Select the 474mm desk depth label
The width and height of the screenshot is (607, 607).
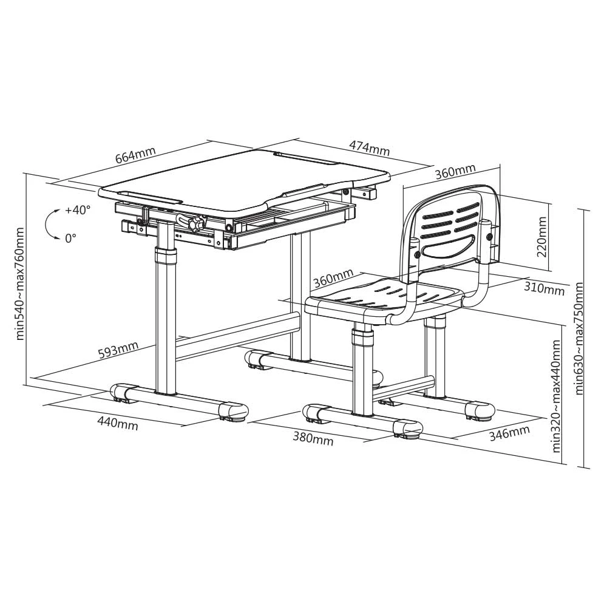pyautogui.click(x=369, y=148)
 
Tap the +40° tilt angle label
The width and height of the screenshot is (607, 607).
pyautogui.click(x=78, y=210)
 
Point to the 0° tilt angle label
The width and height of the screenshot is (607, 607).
pyautogui.click(x=70, y=238)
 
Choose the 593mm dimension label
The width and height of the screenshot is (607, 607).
pyautogui.click(x=118, y=351)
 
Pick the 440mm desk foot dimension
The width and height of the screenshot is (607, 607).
pyautogui.click(x=117, y=424)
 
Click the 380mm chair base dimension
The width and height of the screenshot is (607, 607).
pyautogui.click(x=313, y=439)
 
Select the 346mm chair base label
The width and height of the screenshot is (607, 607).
pyautogui.click(x=509, y=433)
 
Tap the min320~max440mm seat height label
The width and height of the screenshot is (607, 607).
pyautogui.click(x=556, y=396)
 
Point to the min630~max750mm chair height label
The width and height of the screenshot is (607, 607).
pyautogui.click(x=579, y=338)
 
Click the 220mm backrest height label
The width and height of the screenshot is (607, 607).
pyautogui.click(x=541, y=237)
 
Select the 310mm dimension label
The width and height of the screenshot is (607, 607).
pyautogui.click(x=544, y=288)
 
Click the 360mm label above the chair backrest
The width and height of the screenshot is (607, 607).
pyautogui.click(x=455, y=171)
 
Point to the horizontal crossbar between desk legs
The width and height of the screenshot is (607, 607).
pyautogui.click(x=238, y=336)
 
